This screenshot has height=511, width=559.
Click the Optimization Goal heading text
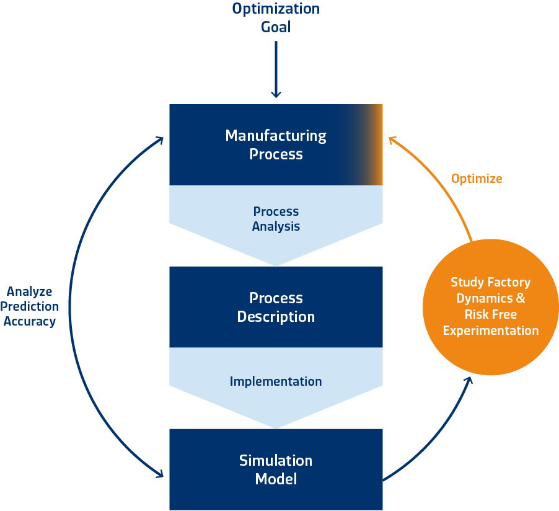[x=276, y=17]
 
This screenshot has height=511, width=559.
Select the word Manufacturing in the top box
[x=276, y=135]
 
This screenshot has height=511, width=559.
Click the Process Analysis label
[x=276, y=219]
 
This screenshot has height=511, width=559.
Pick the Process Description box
[x=276, y=306]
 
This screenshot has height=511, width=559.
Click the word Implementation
[x=276, y=381]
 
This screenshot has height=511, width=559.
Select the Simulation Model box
[x=276, y=469]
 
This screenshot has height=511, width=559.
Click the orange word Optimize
[x=477, y=179]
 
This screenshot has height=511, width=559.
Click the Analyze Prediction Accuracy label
[x=30, y=306]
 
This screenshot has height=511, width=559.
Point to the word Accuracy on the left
[x=30, y=321]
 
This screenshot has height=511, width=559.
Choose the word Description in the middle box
[x=276, y=317]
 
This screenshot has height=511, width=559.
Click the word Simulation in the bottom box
[x=276, y=460]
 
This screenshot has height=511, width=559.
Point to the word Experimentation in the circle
[x=491, y=331]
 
